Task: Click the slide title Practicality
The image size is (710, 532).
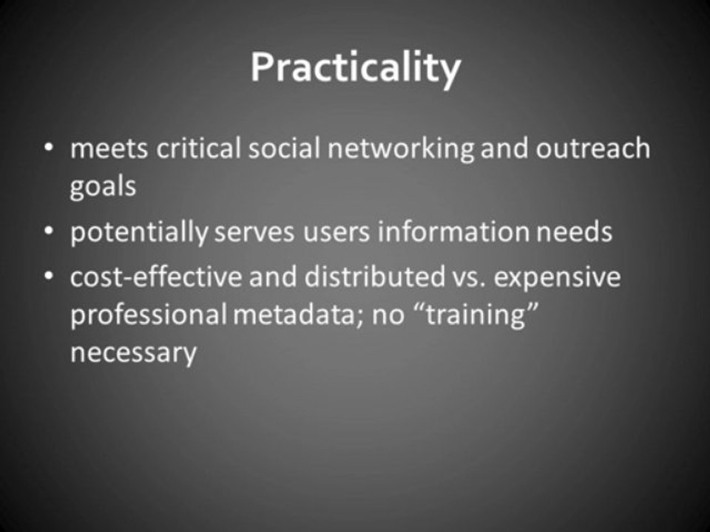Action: click(x=356, y=69)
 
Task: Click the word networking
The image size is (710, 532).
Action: click(x=401, y=149)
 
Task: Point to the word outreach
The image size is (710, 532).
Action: click(x=592, y=148)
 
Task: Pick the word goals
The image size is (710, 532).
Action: click(x=103, y=186)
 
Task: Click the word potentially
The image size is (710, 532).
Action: click(x=139, y=232)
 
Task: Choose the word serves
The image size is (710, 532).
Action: click(x=254, y=233)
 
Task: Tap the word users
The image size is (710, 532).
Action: click(x=336, y=233)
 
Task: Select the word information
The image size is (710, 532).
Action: click(x=453, y=231)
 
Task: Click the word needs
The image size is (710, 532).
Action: click(x=574, y=232)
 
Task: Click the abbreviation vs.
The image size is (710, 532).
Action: click(x=469, y=279)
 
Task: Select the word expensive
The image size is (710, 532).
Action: click(x=557, y=279)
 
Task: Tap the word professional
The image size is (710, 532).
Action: click(x=149, y=315)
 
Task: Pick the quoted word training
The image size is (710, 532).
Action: click(x=476, y=316)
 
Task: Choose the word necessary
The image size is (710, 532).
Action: click(x=134, y=353)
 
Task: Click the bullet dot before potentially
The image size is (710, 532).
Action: click(x=49, y=231)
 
